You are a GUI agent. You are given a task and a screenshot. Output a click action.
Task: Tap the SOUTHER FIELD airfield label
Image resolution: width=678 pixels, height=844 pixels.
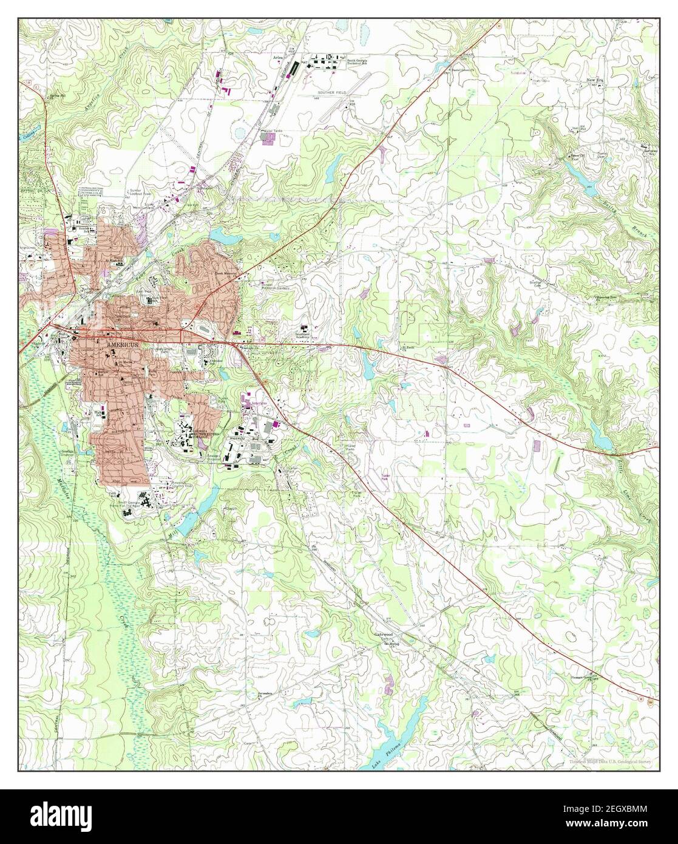pos(331,94)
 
